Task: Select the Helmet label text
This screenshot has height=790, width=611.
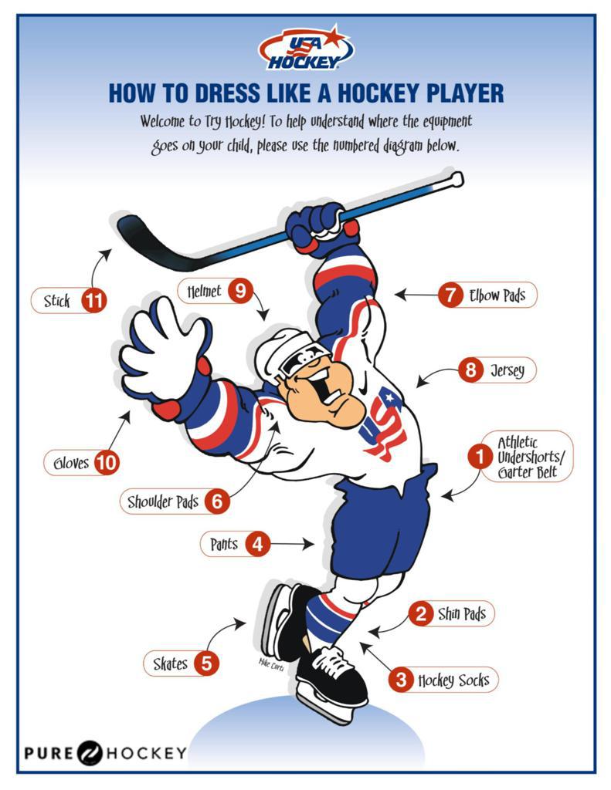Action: pyautogui.click(x=204, y=292)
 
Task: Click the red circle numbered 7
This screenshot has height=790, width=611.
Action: pyautogui.click(x=450, y=295)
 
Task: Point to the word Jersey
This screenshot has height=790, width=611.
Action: pyautogui.click(x=507, y=370)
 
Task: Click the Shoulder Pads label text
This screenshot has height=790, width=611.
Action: pyautogui.click(x=163, y=501)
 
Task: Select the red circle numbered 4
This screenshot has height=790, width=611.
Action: pyautogui.click(x=258, y=545)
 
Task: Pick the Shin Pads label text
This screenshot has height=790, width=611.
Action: pyautogui.click(x=461, y=614)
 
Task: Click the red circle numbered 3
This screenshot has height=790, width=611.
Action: pyautogui.click(x=401, y=680)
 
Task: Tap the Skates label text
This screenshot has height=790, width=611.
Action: pyautogui.click(x=170, y=663)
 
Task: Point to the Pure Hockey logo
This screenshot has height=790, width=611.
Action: pyautogui.click(x=105, y=752)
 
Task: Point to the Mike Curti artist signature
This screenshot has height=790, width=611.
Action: pyautogui.click(x=272, y=664)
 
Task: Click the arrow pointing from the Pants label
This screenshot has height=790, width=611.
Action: pyautogui.click(x=294, y=545)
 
